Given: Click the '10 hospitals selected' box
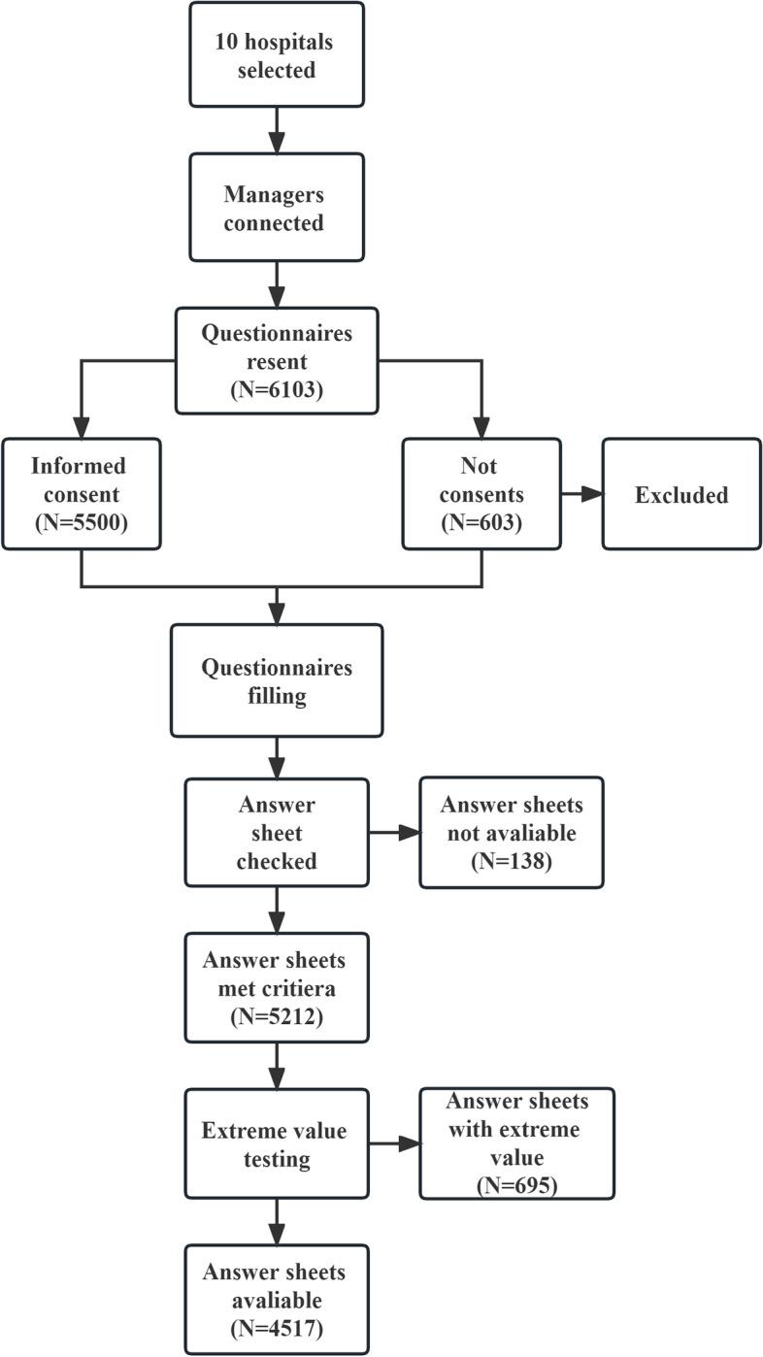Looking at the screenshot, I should coord(277,54).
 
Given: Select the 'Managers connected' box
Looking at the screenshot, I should coord(277,207).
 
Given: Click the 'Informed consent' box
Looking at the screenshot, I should coord(81,494).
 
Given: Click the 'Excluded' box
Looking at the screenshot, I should coord(681,495).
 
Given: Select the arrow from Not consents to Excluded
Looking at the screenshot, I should coord(581,495).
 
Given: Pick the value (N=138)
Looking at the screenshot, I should coord(511,859).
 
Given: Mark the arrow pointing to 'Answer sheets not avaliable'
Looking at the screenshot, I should coord(394,832).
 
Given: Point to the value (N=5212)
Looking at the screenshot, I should coord(277,1015).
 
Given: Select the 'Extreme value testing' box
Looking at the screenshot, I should coord(277,1142).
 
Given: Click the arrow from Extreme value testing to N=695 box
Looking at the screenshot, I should coord(394,1142).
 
